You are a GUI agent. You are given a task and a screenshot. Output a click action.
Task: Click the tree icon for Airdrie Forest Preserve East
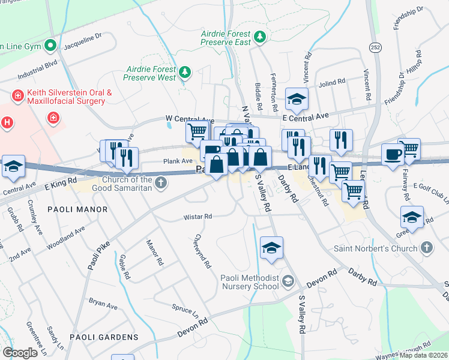260,38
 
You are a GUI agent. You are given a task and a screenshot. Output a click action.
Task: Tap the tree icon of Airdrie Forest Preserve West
185,73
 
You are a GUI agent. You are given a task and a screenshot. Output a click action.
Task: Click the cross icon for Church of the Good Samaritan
160,182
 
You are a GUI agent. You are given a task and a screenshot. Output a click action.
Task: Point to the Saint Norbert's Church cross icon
426,248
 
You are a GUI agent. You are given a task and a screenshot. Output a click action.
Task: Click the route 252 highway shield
376,47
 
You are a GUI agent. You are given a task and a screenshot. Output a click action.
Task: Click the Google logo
20,352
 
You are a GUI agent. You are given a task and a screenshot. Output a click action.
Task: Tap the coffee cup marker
393,155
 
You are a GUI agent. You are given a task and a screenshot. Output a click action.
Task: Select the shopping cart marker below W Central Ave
197,131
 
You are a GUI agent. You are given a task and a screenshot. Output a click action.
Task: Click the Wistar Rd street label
199,217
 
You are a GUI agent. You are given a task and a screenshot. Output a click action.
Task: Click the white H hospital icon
7,122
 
